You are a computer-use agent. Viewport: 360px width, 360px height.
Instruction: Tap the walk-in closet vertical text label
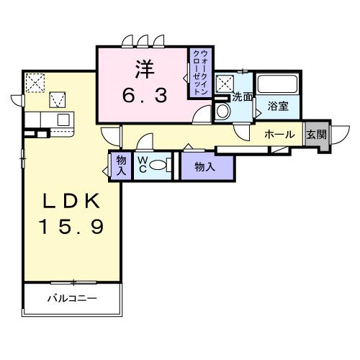coord(199,72)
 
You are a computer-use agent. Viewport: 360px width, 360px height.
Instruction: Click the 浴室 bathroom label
coord(279,106)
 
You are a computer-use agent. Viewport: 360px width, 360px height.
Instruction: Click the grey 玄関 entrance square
coord(316,135)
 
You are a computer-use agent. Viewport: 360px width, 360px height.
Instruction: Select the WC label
coord(143,166)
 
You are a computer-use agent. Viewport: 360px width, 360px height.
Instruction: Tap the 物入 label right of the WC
coord(205,167)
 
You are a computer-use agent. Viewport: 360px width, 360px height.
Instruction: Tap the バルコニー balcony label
coord(72,297)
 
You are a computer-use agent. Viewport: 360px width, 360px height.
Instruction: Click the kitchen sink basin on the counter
coord(63,120)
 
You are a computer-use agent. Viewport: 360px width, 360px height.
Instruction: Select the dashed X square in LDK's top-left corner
coord(34,83)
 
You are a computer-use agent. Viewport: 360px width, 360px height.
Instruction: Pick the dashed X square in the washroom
coord(224,83)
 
